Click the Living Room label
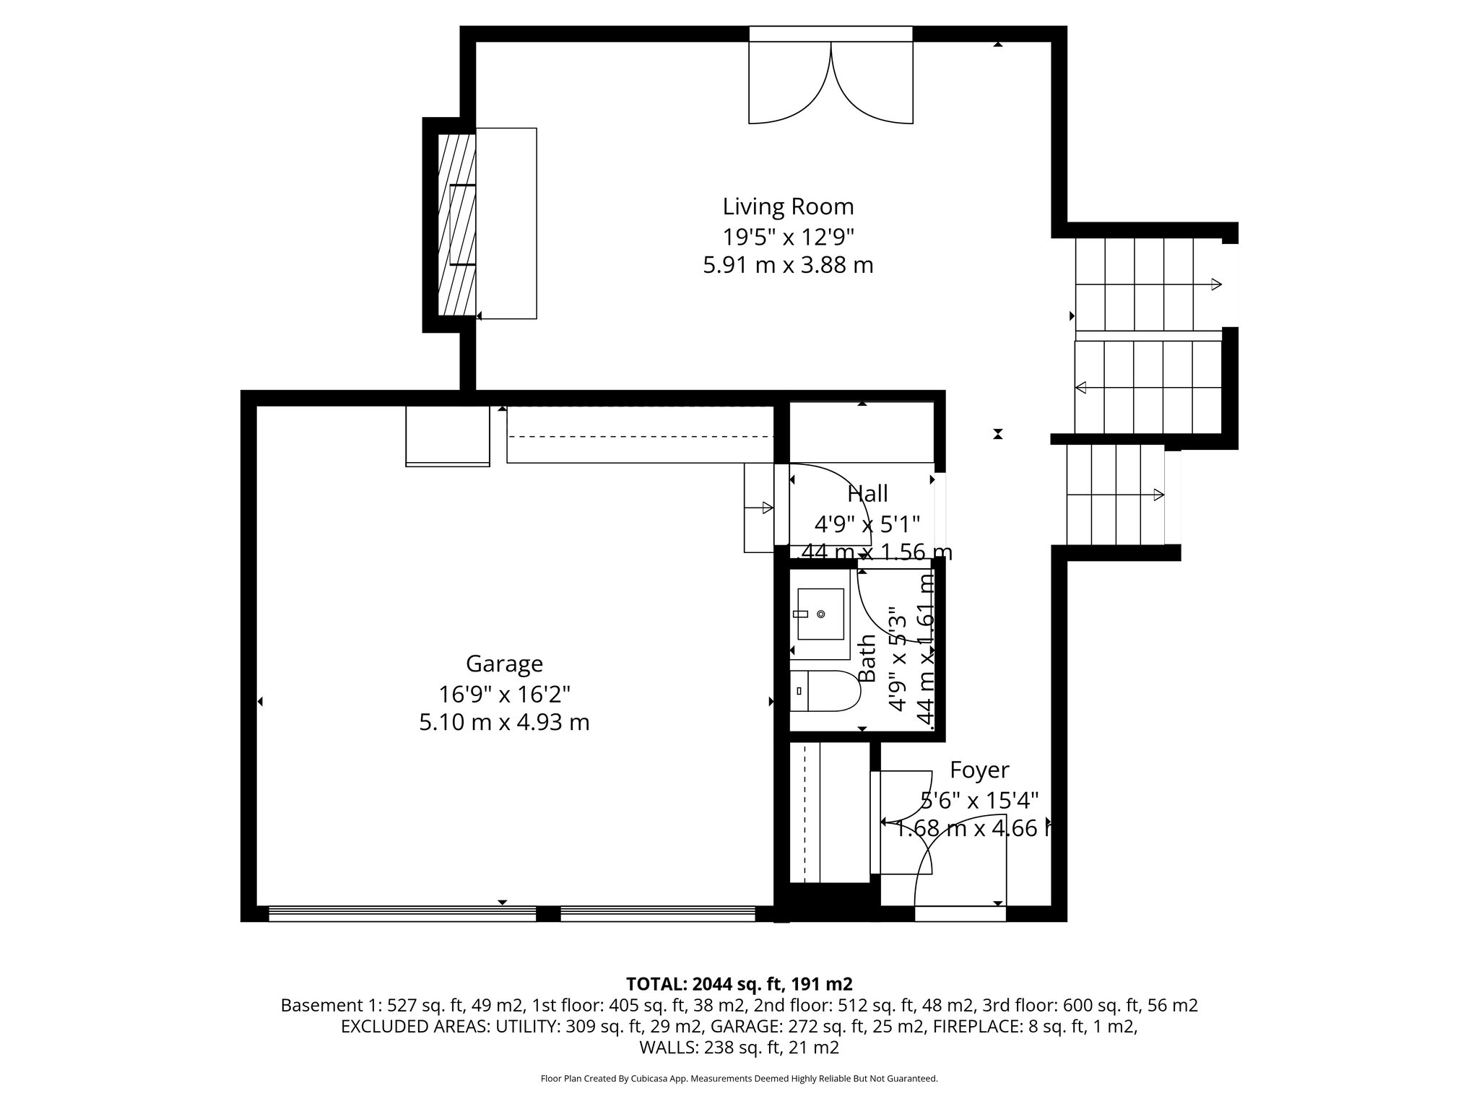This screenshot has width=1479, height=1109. tap(788, 207)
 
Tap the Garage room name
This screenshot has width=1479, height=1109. tap(504, 664)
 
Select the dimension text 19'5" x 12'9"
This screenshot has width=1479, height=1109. tap(788, 237)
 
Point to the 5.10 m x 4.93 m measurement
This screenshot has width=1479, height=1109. tap(504, 723)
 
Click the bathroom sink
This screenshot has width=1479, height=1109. tap(820, 614)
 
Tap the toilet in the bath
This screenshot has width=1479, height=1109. tap(825, 691)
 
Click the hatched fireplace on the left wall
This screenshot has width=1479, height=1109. tap(457, 225)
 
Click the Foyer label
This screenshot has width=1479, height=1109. tap(979, 770)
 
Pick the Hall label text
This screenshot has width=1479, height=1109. tap(867, 495)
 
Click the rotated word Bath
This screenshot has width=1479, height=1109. tap(867, 658)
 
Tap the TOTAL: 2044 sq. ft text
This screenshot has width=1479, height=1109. tap(739, 984)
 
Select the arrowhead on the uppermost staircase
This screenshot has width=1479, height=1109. tap(1216, 284)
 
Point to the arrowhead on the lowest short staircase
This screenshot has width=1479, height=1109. tap(1158, 495)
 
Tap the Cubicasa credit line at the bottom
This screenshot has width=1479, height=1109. tap(739, 1079)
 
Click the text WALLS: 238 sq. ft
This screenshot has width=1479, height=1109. tap(739, 1048)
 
